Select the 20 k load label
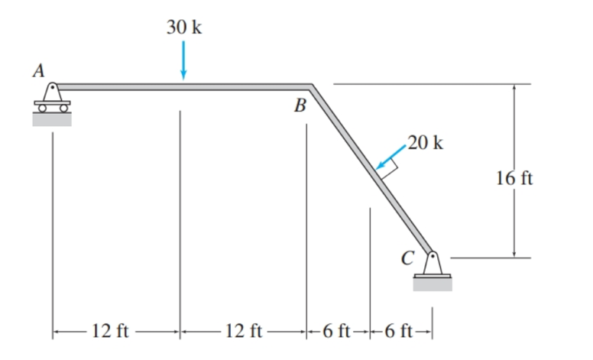(425, 143)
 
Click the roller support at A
(51, 96)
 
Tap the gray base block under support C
(433, 284)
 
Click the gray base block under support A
(51, 118)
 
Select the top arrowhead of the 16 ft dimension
(514, 89)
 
